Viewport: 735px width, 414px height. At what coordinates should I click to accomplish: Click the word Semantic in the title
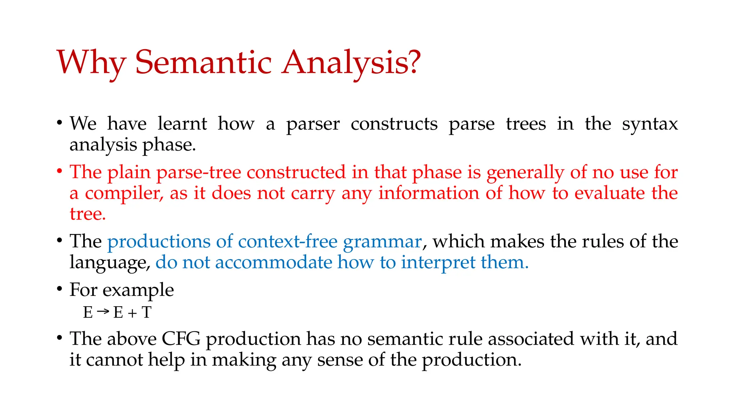coord(203,63)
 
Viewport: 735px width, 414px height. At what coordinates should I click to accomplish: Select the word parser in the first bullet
coord(313,124)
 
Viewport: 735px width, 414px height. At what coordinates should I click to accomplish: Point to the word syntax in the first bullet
coord(650,124)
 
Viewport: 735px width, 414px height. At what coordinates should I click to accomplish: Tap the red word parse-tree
coord(198,173)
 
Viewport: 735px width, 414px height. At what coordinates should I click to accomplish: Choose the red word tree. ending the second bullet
coord(88,214)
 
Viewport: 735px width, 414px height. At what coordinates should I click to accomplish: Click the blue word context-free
coord(287,241)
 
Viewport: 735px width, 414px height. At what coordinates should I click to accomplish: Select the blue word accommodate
coord(273,262)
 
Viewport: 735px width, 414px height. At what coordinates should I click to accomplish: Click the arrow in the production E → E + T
coord(103,311)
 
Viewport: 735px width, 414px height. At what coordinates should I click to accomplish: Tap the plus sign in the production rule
coord(132,313)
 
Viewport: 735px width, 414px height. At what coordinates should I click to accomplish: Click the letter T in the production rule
coord(146,312)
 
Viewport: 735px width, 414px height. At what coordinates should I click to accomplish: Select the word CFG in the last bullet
coord(181,339)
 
